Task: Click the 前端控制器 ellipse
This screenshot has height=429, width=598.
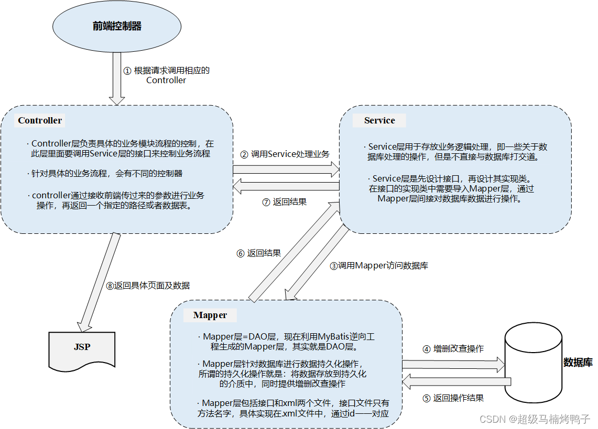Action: pos(117,26)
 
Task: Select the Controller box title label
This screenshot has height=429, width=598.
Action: pos(40,120)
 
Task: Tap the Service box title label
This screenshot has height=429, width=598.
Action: pos(379,120)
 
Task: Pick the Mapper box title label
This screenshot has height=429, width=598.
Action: pos(210,315)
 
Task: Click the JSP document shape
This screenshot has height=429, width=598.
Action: pos(82,348)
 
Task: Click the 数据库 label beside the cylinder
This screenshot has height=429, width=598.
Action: pos(578,362)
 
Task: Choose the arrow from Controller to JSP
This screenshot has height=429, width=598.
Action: pos(98,283)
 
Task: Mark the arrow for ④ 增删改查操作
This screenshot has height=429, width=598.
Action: pos(453,364)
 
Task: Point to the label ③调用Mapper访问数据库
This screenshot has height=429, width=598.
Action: pos(379,266)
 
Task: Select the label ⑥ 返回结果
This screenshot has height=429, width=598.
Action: pos(258,253)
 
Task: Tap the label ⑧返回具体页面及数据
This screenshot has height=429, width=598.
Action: pos(148,286)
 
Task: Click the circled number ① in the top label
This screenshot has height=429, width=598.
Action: pos(127,71)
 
